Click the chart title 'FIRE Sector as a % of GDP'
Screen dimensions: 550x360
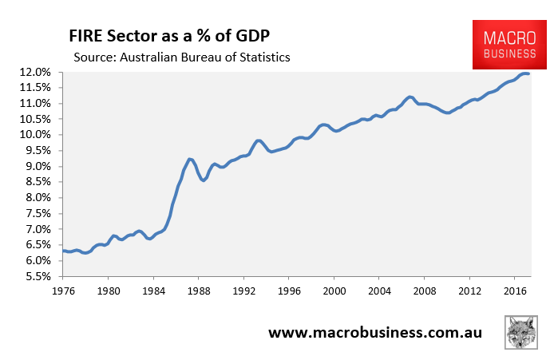point(169,36)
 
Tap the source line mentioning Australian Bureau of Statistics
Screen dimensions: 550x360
point(182,57)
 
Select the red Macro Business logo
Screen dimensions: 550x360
point(509,45)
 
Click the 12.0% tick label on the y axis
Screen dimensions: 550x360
point(35,73)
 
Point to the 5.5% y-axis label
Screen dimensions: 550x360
point(38,276)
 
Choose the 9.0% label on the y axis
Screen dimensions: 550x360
point(38,166)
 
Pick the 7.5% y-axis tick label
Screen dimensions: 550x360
point(38,214)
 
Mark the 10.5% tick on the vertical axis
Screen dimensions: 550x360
point(35,119)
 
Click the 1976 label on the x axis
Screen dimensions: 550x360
point(64,291)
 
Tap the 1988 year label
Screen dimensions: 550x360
point(199,291)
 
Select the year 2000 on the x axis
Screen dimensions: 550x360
point(334,291)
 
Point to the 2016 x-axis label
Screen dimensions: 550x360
point(515,291)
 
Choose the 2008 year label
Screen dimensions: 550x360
point(425,291)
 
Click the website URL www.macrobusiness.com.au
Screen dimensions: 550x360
point(375,332)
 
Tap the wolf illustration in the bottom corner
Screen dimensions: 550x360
point(521,332)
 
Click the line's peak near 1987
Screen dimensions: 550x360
point(190,160)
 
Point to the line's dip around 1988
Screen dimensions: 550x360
point(203,180)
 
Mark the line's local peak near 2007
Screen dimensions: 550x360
point(410,97)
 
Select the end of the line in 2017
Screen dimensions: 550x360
point(528,73)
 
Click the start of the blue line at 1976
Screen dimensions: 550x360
point(64,251)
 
